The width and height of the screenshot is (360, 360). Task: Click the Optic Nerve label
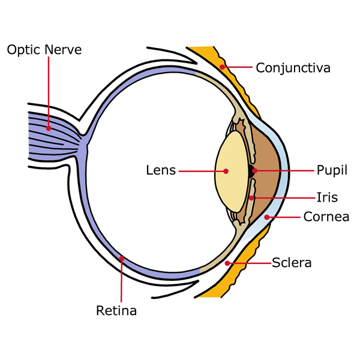(x=44, y=49)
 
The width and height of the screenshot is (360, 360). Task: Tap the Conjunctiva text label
(x=293, y=67)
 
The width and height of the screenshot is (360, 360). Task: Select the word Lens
(x=161, y=170)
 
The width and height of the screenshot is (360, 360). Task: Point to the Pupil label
(x=332, y=170)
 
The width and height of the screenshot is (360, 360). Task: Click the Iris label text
(x=327, y=197)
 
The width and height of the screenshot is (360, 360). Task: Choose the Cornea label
(x=326, y=217)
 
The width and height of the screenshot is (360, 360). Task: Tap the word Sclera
(x=292, y=263)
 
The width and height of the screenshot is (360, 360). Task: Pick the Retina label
(x=116, y=311)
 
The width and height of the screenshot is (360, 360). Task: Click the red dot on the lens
(x=226, y=171)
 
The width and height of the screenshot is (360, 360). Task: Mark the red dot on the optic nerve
(x=47, y=127)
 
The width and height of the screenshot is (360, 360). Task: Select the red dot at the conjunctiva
(x=222, y=67)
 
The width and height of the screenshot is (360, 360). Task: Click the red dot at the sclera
(x=227, y=263)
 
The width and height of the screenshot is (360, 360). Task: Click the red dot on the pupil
(x=255, y=171)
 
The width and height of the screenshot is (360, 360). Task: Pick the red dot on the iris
(x=251, y=197)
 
